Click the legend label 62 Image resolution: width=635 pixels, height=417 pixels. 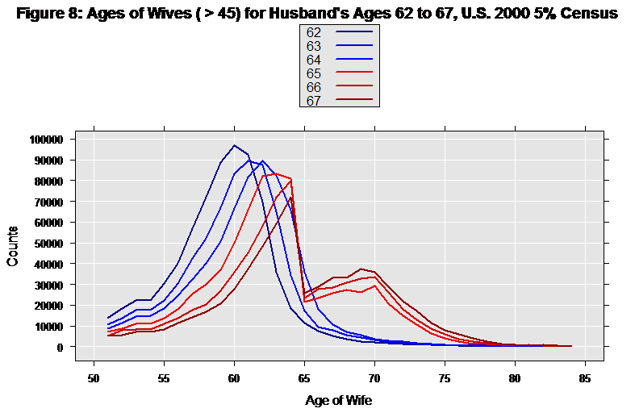click(313, 32)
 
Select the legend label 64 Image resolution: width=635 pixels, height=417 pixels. click(313, 60)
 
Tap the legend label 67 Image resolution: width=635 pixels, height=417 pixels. click(313, 101)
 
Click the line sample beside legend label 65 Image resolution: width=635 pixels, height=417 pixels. click(354, 73)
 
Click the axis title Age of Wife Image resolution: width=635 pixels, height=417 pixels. click(339, 400)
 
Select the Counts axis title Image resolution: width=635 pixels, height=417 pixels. click(13, 244)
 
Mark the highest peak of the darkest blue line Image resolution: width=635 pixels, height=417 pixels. click(234, 146)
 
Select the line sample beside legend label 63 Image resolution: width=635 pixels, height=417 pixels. click(354, 46)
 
